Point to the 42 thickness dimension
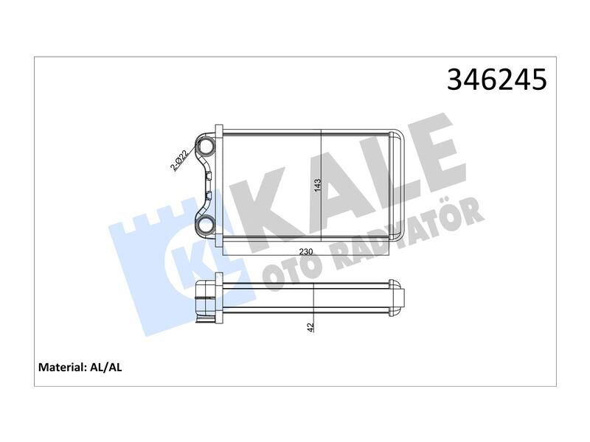311,326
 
